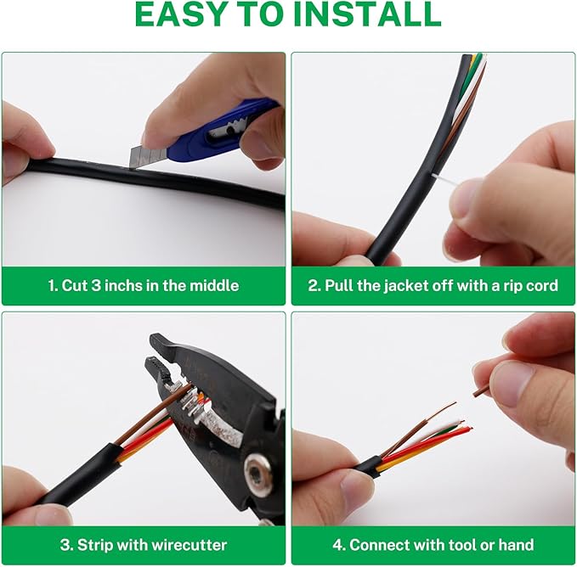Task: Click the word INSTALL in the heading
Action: click(x=368, y=14)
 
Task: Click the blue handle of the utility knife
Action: click(x=220, y=126)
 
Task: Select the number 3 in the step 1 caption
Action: click(x=96, y=285)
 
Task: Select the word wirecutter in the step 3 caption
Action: click(x=189, y=545)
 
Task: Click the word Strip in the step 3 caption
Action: click(x=93, y=545)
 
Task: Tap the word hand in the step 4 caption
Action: click(x=516, y=545)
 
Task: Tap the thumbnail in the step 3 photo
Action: click(x=52, y=517)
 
